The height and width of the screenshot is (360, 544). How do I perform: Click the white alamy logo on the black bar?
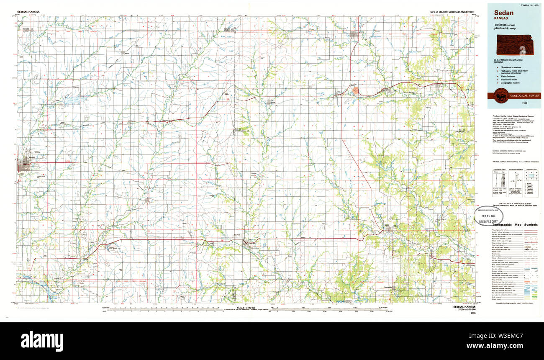pyautogui.click(x=42, y=339)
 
